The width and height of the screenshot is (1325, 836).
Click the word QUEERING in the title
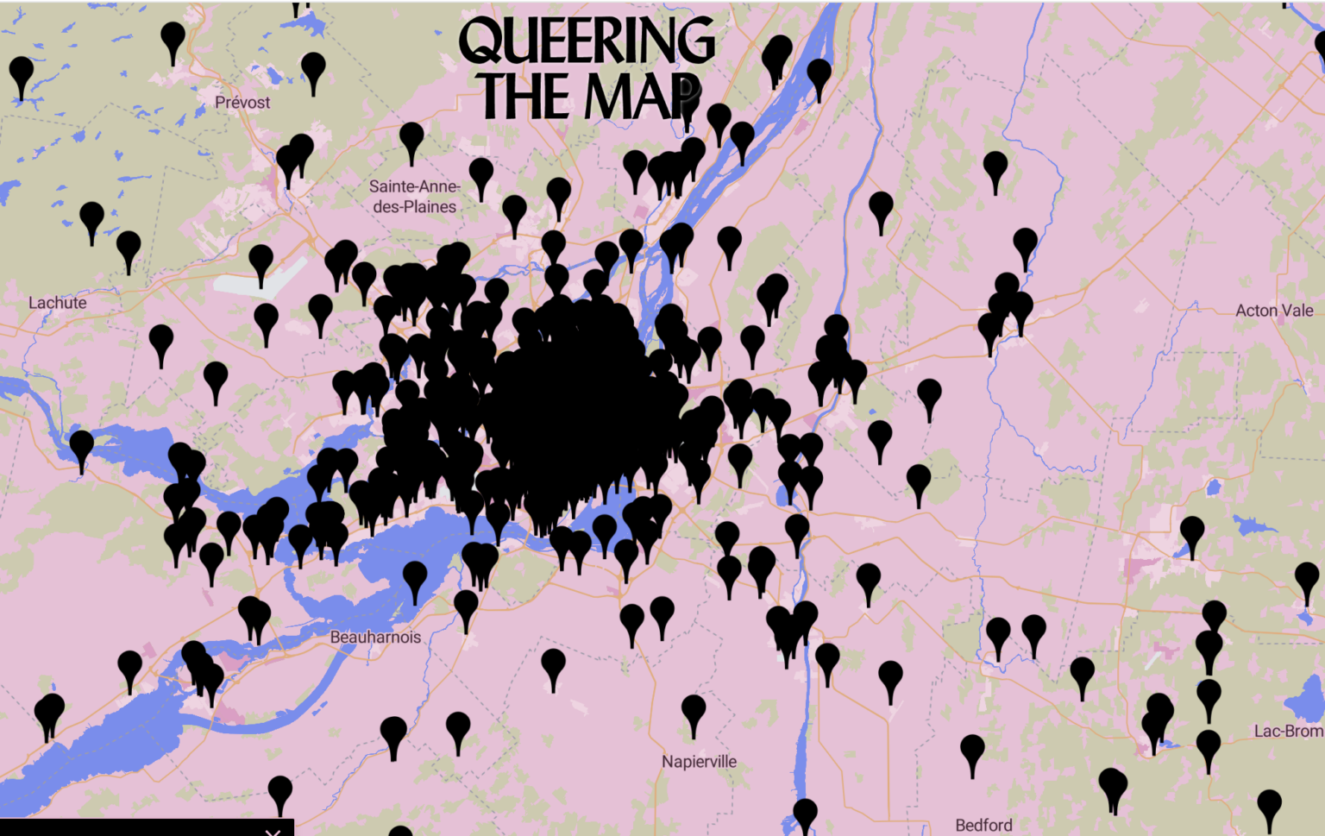point(587,41)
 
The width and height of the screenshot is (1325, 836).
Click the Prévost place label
point(242,103)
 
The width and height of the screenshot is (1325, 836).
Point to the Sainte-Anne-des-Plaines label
point(414,197)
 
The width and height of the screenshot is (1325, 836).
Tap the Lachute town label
point(57,303)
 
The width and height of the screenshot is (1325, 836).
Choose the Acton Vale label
point(1274,311)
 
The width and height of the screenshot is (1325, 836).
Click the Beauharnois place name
point(375,638)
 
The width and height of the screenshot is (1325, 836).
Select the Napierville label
point(699,762)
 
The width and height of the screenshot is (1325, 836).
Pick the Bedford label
point(983,826)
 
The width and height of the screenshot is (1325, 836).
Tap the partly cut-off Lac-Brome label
point(1288,732)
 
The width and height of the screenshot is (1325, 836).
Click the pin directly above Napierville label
point(694,713)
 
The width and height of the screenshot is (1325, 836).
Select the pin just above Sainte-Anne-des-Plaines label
point(411,139)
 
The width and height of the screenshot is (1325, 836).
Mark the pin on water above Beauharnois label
point(415,577)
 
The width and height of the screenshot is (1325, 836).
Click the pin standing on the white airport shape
point(261,261)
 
